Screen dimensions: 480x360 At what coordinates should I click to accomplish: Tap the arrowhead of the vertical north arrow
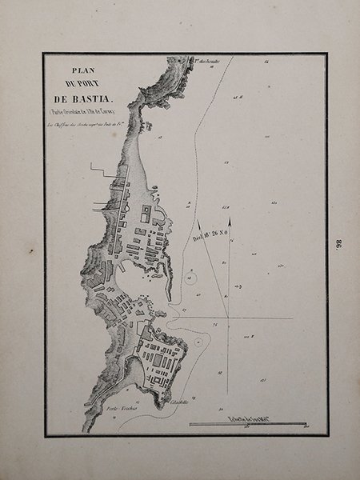pos(230,220)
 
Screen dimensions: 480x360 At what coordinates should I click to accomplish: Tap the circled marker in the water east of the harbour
pos(192,277)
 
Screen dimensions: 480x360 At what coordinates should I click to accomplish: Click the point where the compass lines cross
pos(230,318)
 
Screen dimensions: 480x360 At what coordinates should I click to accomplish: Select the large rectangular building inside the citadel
pos(160,360)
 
